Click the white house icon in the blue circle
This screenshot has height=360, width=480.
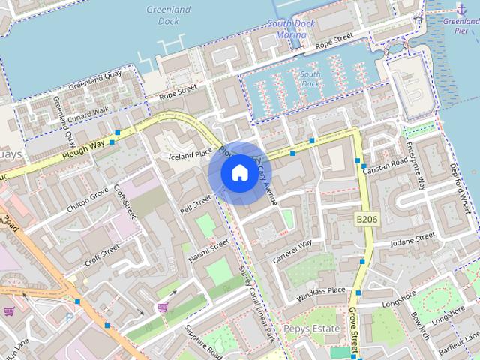[239, 173]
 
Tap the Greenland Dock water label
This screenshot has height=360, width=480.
[169, 16]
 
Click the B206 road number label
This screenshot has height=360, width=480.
[364, 218]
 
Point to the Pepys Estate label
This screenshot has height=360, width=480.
[312, 328]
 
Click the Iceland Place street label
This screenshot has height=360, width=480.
[190, 155]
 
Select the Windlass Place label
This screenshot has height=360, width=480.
[321, 290]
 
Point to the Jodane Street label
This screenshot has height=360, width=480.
[412, 238]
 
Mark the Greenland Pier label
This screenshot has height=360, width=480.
[460, 22]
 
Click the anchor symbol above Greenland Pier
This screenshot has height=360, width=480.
[460, 8]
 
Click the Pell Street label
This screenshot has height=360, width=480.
[196, 203]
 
